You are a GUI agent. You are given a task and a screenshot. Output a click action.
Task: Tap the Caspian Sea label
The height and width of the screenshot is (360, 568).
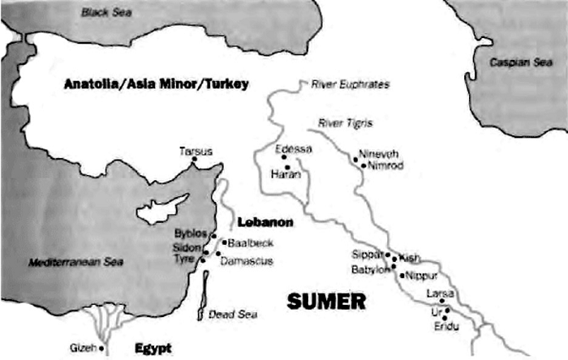coord(515,62)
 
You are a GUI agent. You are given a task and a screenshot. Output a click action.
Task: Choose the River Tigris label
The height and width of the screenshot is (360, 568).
coord(344,123)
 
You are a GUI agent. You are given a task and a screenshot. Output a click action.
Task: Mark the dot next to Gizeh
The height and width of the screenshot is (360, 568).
coord(101,349)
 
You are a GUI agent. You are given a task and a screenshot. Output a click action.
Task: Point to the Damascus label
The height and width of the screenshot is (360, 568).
coord(245,261)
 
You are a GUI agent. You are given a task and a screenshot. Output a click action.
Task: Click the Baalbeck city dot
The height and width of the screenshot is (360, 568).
coord(223,242)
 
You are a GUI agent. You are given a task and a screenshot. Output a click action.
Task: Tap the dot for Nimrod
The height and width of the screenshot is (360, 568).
coord(363,165)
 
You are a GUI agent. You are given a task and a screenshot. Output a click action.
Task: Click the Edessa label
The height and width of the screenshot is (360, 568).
coord(293,149)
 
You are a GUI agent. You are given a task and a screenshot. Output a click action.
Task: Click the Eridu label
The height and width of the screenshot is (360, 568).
coord(445,325)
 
